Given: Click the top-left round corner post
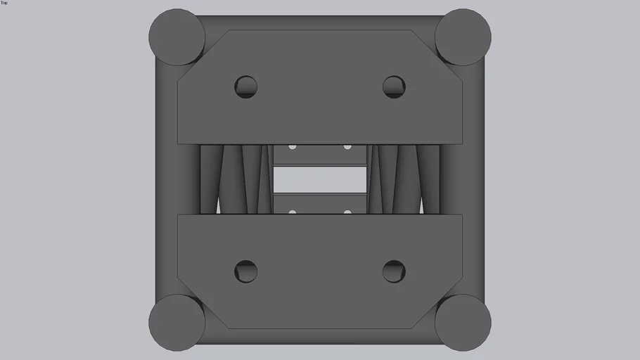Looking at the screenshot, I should coord(177,37).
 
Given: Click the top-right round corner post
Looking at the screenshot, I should coord(463,37).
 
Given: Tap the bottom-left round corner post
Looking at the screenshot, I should coord(177,323).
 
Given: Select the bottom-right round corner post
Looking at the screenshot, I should coord(463,323).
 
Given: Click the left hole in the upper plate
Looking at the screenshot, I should coord(245,87).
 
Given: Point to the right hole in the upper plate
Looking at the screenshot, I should coord(394,87).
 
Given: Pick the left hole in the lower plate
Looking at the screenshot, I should coord(245,271).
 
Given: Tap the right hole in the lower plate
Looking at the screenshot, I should coord(394,271).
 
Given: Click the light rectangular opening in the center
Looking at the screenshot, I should coord(320,179).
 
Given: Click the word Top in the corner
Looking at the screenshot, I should coord(4,3).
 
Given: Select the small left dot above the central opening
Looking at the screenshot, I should coord(293,147).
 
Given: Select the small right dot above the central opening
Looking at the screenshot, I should coord(347,147).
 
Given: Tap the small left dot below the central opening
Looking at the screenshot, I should coord(293,212).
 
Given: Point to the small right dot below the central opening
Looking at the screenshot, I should coord(347,212).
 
